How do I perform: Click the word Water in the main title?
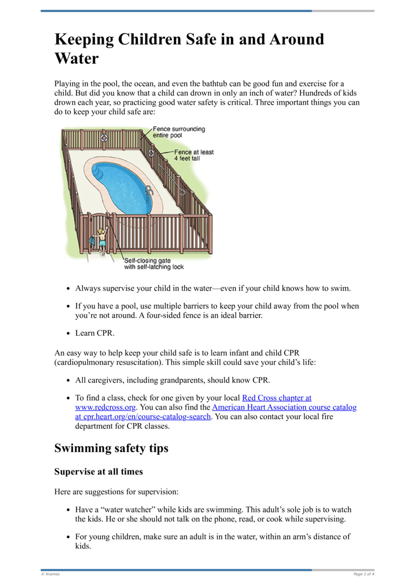pos(76,58)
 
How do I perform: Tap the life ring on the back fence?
pos(104,138)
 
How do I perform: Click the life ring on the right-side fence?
pos(151,154)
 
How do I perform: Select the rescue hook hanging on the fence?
pos(171,176)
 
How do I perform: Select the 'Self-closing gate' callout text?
pos(154,264)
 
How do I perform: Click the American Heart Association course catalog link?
pos(284,408)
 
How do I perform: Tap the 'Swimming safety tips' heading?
pos(111,448)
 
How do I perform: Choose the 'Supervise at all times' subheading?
pos(99,472)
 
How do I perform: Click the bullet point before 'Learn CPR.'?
pos(68,333)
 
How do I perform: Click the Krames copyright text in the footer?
pos(51,574)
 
